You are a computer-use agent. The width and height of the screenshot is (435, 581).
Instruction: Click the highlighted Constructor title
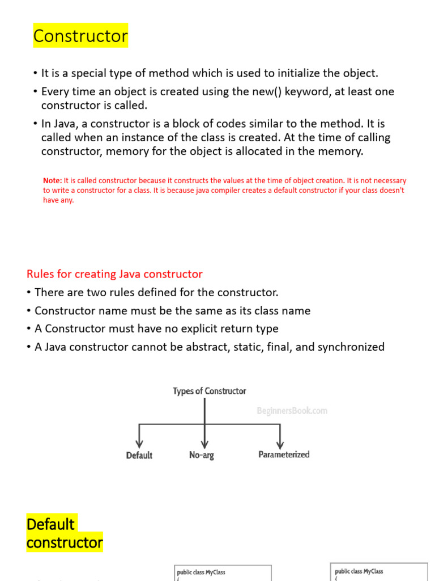tap(80, 36)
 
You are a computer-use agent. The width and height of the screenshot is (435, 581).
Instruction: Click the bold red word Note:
tap(53, 180)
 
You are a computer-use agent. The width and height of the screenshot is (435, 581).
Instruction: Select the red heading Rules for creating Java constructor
tap(114, 274)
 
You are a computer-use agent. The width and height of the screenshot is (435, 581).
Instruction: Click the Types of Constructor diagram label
tap(210, 391)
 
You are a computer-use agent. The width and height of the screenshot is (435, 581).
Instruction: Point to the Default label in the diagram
tap(139, 455)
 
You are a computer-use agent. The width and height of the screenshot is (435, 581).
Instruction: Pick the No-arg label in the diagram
tap(202, 455)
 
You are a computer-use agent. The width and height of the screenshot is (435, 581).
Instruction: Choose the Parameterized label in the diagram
tap(284, 454)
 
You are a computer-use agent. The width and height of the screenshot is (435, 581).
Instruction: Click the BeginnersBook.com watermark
tap(292, 411)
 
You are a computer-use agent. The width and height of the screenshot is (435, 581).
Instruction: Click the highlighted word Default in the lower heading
tap(50, 524)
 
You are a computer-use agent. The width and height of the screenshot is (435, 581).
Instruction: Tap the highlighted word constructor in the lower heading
tap(65, 543)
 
